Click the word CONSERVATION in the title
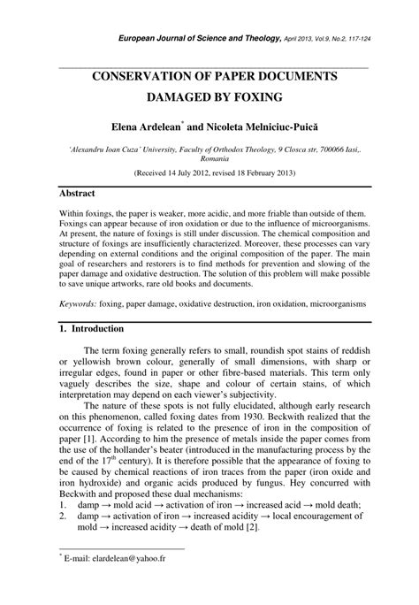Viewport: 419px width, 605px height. click(156, 77)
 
